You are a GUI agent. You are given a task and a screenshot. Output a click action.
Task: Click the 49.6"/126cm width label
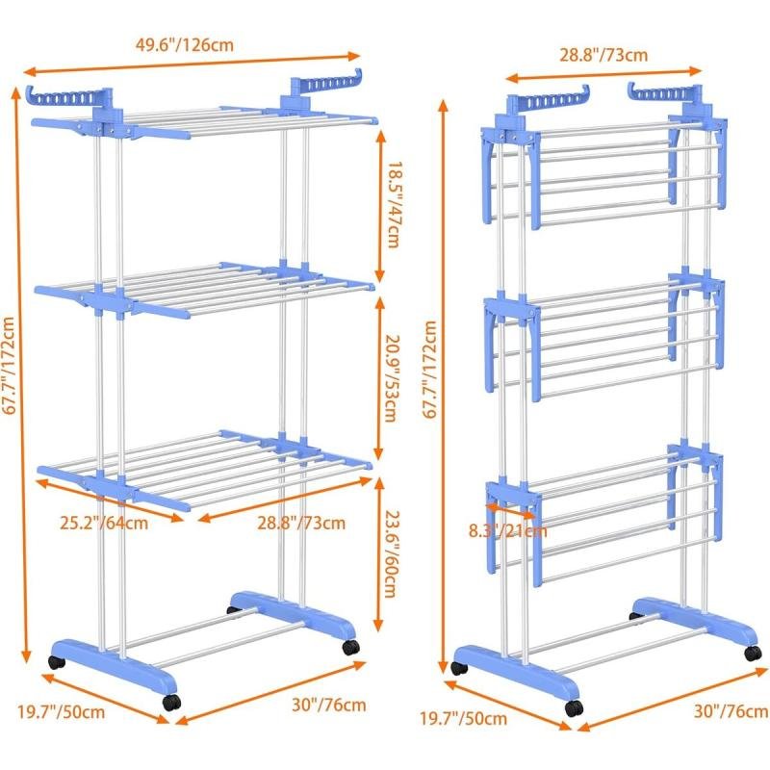[184, 44]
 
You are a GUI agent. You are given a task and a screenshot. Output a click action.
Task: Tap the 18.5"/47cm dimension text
[395, 204]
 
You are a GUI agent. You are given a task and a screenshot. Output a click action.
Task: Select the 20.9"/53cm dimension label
[392, 378]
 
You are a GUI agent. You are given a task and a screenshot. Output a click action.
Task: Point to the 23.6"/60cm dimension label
[391, 553]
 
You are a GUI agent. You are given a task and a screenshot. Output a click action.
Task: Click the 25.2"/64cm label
[104, 523]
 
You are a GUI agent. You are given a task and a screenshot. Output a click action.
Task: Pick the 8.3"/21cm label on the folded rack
[507, 530]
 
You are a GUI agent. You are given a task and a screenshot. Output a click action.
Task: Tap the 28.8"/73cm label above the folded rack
[603, 55]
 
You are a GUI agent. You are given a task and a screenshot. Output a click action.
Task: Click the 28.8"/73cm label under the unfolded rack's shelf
[301, 523]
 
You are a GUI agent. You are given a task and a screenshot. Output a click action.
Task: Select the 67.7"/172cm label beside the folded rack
[429, 370]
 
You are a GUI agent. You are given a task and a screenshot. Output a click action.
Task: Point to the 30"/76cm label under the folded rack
[731, 710]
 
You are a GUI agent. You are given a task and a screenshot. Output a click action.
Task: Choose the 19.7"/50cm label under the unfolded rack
[61, 711]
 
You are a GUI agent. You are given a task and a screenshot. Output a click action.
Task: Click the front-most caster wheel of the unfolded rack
[172, 703]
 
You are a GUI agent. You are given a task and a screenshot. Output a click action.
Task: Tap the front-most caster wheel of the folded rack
[574, 708]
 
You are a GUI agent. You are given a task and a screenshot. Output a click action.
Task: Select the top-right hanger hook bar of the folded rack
[665, 92]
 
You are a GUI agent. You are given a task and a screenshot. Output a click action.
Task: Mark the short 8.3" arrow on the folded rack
[511, 510]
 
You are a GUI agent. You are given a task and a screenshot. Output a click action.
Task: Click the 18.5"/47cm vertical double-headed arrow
[380, 206]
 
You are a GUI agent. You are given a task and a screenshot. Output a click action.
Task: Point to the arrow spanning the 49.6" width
[192, 64]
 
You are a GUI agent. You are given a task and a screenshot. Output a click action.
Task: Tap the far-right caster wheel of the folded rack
[753, 653]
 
